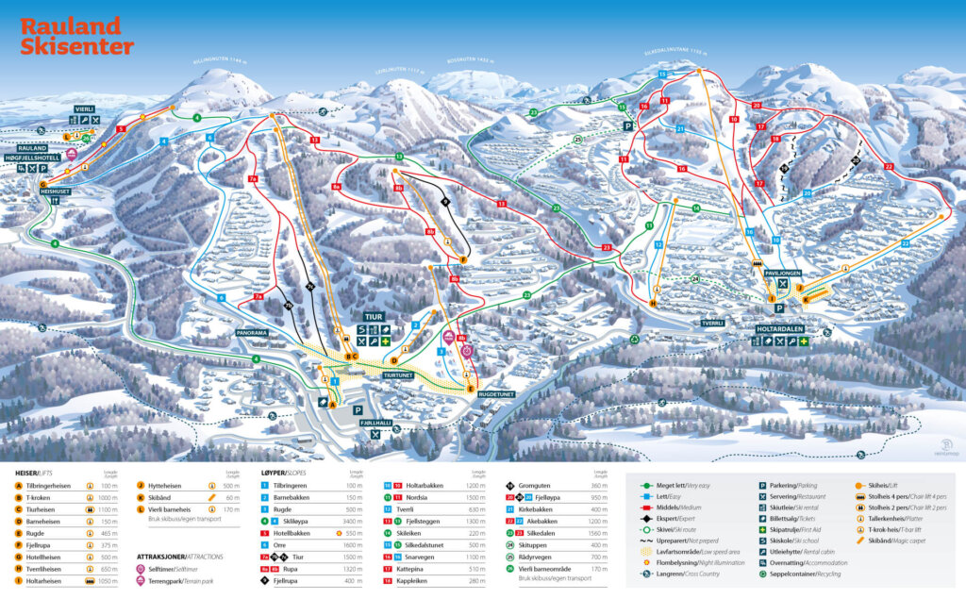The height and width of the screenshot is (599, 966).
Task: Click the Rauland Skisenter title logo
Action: coord(76,36)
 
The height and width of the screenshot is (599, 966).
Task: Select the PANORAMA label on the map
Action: coord(252,333)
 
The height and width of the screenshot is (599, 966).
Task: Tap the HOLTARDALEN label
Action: coord(782,328)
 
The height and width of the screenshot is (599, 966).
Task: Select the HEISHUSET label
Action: coord(56,190)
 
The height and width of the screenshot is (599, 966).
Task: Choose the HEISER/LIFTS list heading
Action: coord(40,472)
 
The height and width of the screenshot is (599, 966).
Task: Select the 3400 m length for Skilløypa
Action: coord(354,521)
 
